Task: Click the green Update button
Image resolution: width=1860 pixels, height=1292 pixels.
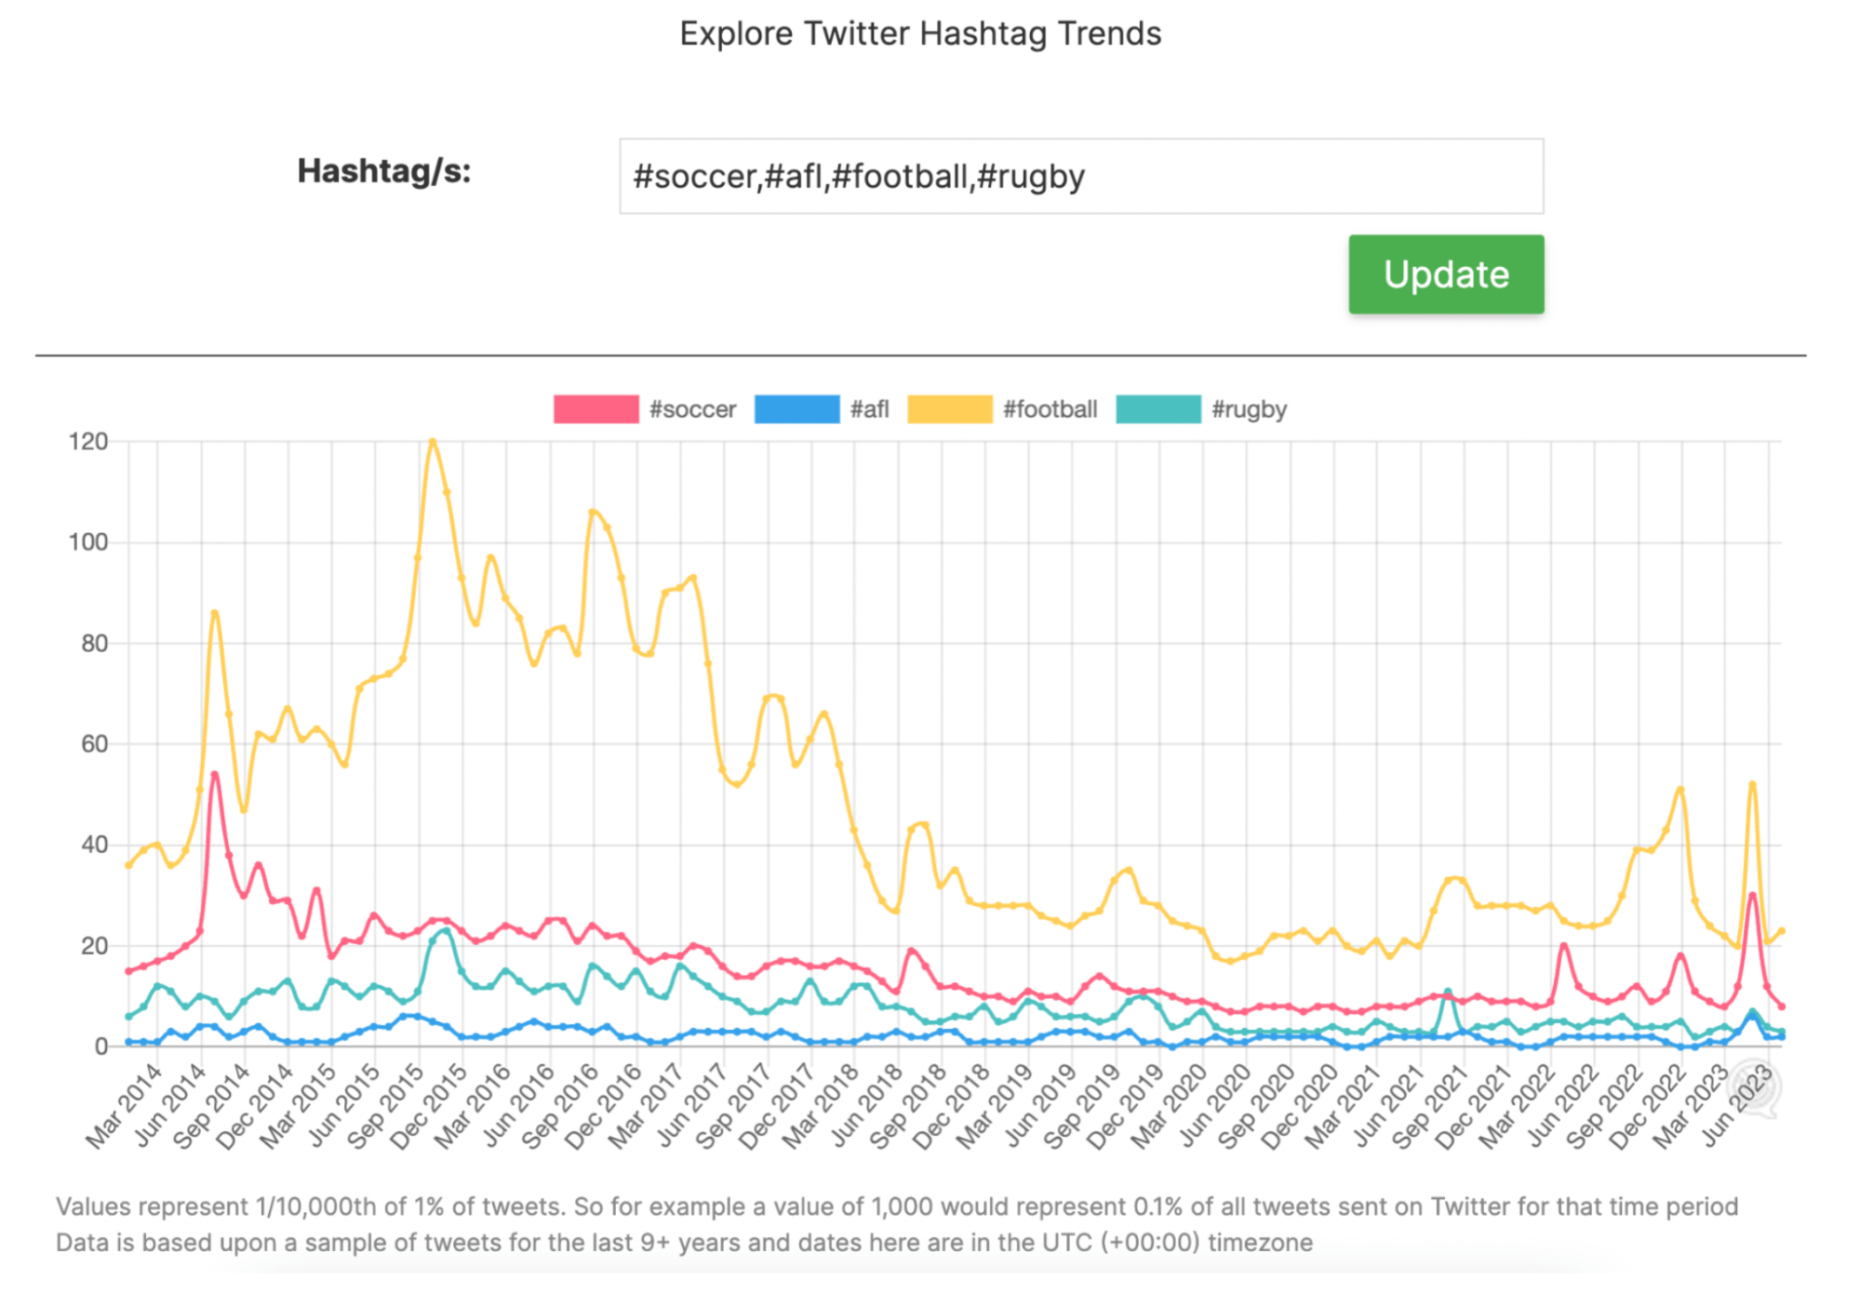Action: (x=1445, y=274)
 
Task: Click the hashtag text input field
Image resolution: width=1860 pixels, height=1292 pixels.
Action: (x=1080, y=177)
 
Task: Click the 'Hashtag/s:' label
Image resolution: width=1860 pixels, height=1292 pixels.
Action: (x=383, y=171)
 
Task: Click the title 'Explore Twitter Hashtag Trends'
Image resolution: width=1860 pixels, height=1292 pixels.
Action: (x=919, y=33)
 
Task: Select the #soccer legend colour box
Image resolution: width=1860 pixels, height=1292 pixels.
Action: (x=595, y=409)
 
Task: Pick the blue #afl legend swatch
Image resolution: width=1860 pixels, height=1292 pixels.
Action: (x=796, y=409)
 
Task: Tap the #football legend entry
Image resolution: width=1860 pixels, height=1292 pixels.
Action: (x=1049, y=409)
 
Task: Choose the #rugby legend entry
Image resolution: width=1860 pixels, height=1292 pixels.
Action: (x=1248, y=409)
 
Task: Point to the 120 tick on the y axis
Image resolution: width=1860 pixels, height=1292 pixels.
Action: (x=88, y=441)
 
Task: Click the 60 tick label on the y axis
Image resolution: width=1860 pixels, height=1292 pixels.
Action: (x=94, y=744)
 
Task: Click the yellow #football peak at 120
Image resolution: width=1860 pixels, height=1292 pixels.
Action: (x=432, y=441)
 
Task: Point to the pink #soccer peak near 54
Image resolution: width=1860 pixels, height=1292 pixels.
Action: (x=215, y=774)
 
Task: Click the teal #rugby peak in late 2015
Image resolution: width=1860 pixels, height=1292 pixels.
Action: (x=447, y=930)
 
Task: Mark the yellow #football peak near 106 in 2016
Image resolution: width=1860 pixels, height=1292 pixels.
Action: (x=592, y=511)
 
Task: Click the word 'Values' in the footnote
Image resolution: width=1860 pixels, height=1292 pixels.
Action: (x=93, y=1206)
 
